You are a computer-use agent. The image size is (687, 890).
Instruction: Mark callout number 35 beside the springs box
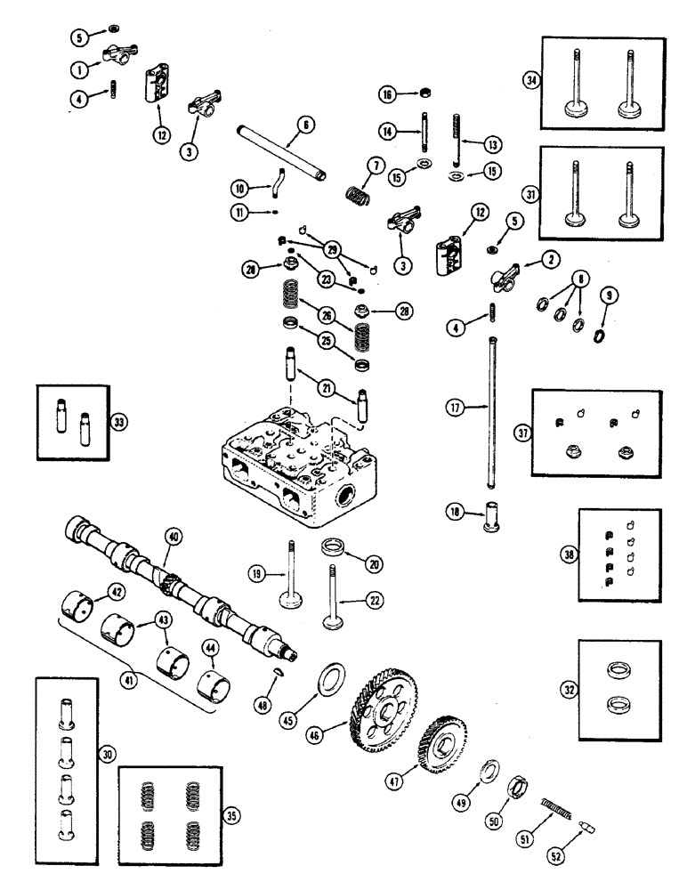tap(232, 814)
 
